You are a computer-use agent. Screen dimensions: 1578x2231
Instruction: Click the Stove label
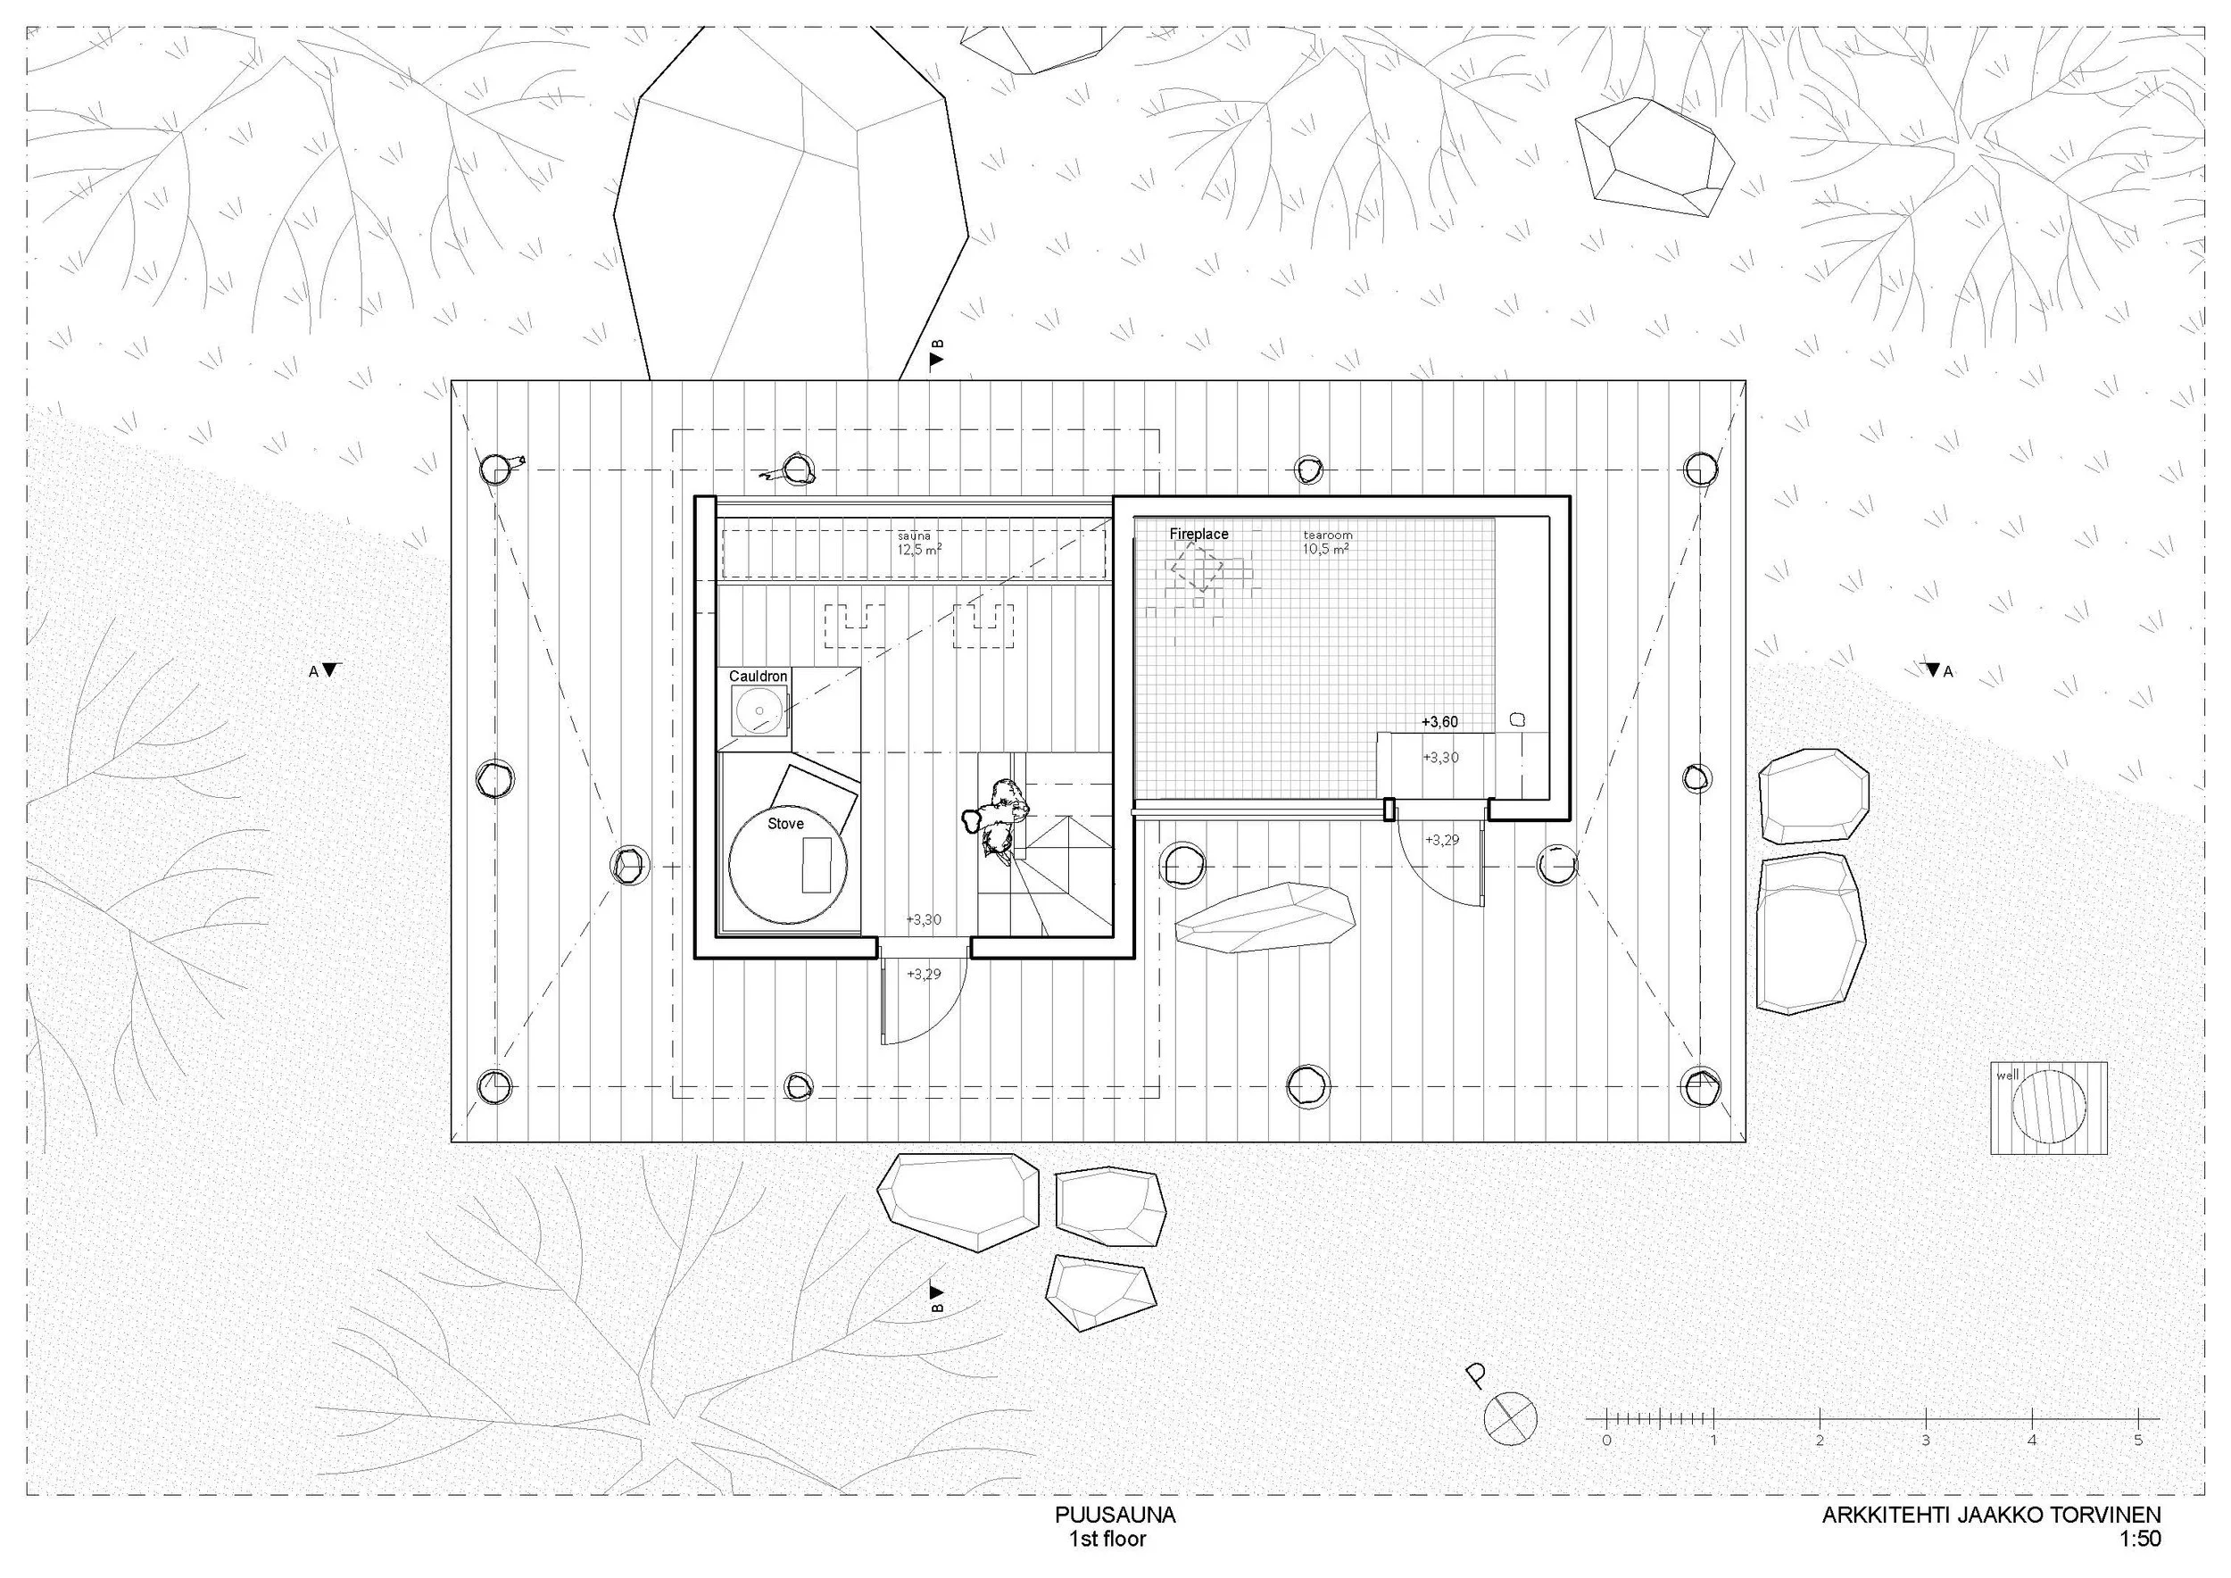coord(785,824)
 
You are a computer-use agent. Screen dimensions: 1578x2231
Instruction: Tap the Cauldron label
coord(758,677)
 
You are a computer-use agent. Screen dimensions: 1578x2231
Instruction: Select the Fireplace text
coord(1198,535)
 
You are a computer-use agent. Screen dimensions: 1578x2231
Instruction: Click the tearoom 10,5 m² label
coord(1327,542)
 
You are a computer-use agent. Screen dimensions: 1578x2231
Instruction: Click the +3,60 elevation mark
coord(1439,722)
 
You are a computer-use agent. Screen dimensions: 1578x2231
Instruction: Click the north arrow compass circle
coord(1510,1418)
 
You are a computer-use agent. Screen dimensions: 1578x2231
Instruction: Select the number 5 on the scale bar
coord(2137,1440)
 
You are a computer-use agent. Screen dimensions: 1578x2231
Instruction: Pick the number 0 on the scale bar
coord(1606,1440)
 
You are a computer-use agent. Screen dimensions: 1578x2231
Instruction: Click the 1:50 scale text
coord(2140,1539)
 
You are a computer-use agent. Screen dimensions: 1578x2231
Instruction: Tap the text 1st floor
coord(1107,1539)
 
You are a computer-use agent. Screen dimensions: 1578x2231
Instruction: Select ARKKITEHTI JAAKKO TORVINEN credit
coord(1991,1515)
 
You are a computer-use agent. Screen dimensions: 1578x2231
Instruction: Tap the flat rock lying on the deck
coord(1264,918)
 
